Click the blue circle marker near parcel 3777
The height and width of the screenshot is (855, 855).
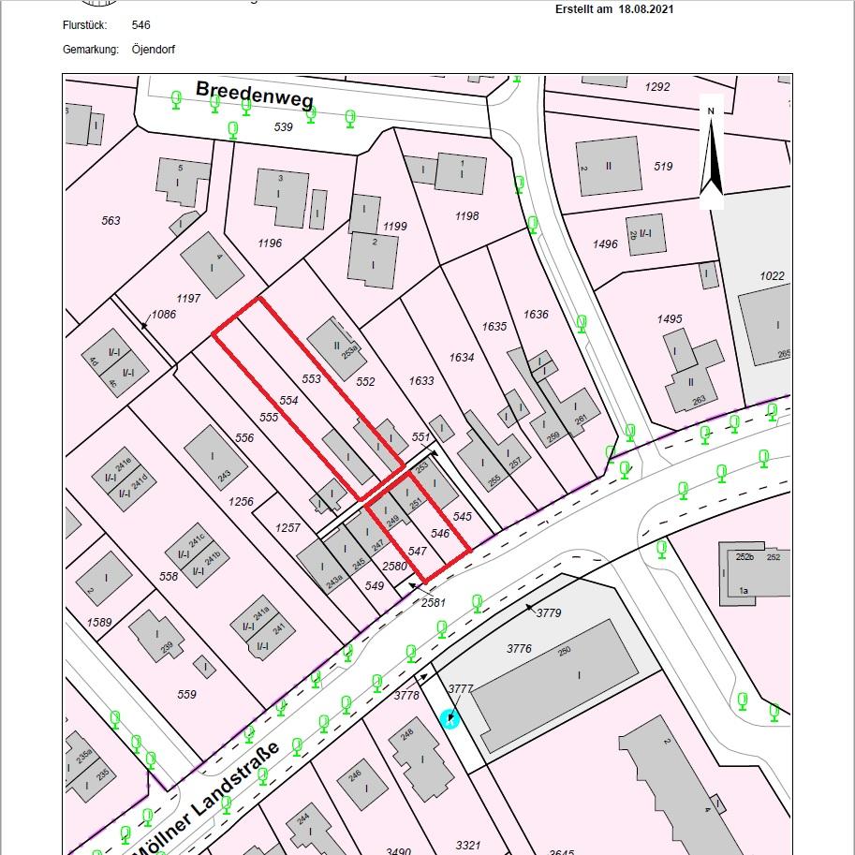click(x=450, y=718)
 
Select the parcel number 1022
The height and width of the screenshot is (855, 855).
click(x=773, y=276)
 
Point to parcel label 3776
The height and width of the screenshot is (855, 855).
click(x=519, y=648)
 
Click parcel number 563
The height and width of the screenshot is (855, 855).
click(x=111, y=221)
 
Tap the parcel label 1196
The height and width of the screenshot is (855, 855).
click(x=270, y=243)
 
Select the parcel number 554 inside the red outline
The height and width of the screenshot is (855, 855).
click(x=288, y=400)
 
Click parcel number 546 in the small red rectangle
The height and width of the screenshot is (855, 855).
click(x=440, y=533)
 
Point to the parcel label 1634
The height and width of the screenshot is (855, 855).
click(x=462, y=357)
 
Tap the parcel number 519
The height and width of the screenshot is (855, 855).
click(x=663, y=167)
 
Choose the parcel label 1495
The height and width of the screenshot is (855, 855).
click(x=670, y=319)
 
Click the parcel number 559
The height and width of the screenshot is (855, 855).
click(x=186, y=694)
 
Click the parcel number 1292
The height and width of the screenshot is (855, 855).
click(x=657, y=87)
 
